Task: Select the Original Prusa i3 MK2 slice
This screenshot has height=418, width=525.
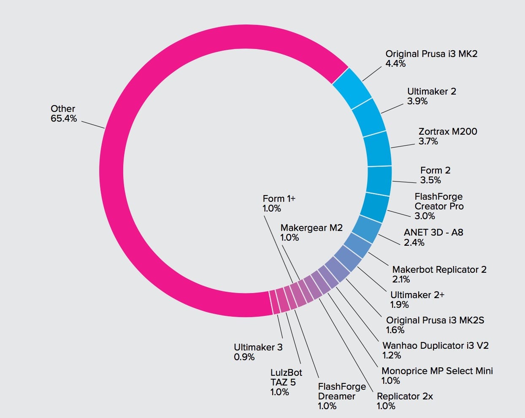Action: tap(352, 88)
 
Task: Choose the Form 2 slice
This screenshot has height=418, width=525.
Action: tap(379, 180)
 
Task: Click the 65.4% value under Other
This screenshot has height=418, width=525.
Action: tap(64, 119)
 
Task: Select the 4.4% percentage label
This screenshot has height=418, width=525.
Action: tap(395, 64)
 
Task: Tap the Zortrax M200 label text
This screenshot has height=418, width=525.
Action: tap(448, 131)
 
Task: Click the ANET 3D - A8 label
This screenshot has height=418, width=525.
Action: tap(433, 232)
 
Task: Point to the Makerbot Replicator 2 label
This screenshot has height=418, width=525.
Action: tap(439, 269)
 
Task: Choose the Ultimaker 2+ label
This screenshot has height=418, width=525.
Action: tap(417, 295)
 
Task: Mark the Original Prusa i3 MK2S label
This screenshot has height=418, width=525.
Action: tap(435, 320)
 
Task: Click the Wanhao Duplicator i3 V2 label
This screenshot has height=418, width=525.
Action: tap(436, 345)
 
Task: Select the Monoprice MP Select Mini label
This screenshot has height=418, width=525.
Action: tap(437, 371)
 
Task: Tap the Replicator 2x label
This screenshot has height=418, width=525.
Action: tap(405, 396)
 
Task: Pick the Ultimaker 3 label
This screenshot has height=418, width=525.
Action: tap(258, 347)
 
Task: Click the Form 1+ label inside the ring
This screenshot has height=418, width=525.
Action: tap(279, 198)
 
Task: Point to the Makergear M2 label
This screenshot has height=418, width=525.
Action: tap(311, 228)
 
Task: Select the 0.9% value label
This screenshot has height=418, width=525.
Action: tap(244, 357)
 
